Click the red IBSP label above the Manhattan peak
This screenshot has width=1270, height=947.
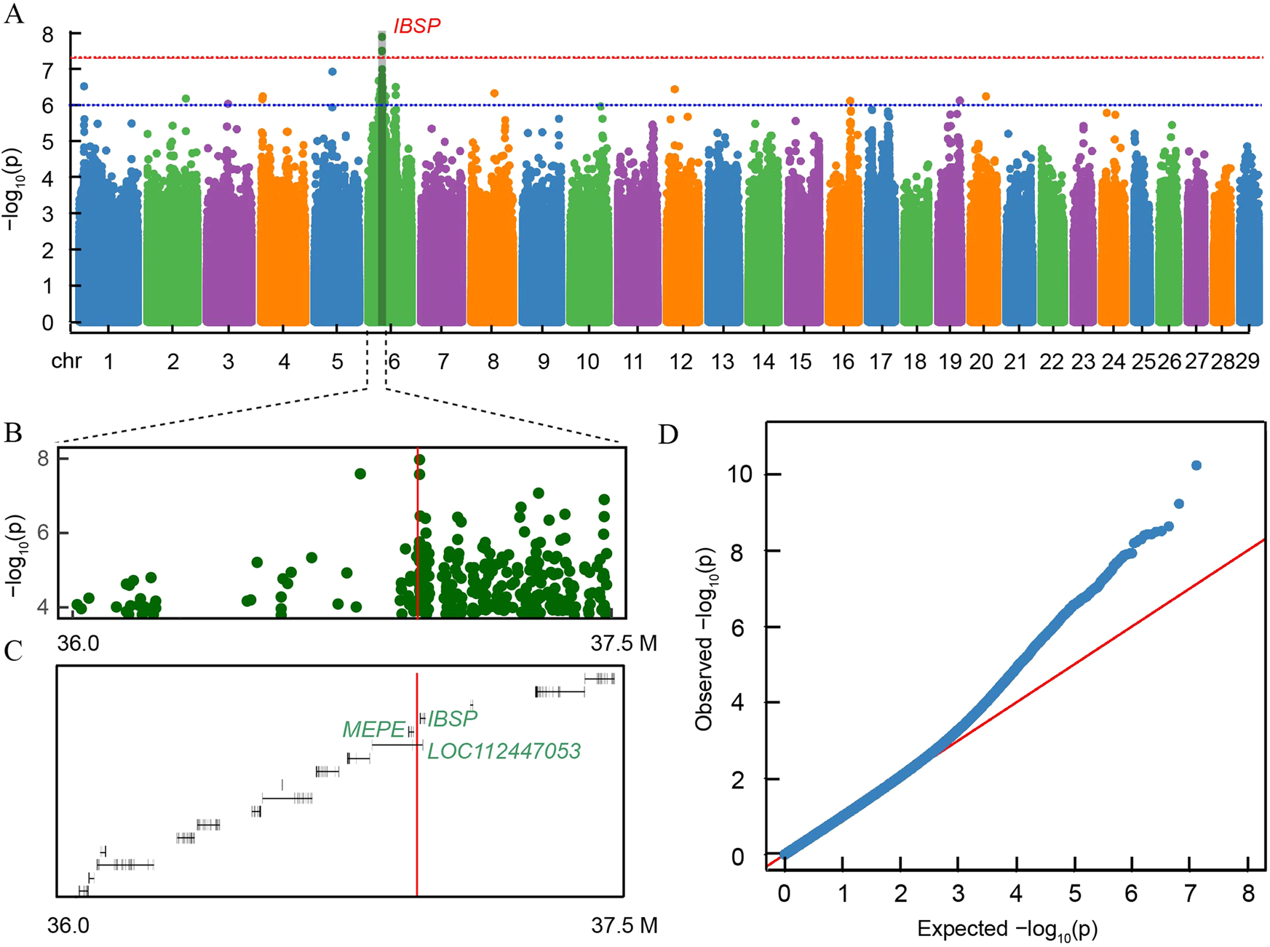417,26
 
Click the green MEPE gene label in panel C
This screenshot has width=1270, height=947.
373,729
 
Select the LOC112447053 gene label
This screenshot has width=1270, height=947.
504,751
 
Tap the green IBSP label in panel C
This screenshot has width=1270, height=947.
453,719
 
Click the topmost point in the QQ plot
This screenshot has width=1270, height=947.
1196,465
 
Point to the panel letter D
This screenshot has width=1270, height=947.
668,435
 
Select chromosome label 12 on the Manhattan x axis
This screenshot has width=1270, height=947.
680,362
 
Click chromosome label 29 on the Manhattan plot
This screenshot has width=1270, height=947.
1247,362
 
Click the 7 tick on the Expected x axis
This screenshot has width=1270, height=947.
1189,894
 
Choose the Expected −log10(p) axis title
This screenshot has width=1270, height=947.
1007,930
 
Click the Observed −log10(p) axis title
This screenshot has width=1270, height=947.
705,638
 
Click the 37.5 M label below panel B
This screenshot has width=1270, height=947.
624,643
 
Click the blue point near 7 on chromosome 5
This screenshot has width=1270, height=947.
333,71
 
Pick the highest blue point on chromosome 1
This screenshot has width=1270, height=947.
84,87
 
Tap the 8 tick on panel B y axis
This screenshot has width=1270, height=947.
43,458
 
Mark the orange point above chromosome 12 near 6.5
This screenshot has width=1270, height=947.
675,90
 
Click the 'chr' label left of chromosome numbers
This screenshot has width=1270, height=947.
66,361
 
